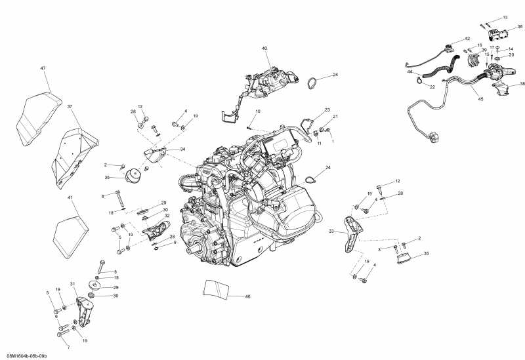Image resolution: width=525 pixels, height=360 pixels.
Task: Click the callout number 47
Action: pos(43,68)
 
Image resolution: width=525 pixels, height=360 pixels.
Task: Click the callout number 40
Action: pos(265,49)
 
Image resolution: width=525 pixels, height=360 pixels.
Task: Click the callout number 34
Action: pos(182,150)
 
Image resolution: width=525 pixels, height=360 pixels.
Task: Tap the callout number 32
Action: pos(167,216)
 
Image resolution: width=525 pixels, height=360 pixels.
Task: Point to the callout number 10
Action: pos(258,111)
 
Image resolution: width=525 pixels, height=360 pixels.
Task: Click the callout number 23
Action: pos(327,110)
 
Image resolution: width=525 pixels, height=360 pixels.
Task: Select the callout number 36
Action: pos(520,28)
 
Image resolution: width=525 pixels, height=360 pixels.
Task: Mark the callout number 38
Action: pos(522,84)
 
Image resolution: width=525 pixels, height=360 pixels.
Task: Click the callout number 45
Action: pos(480,100)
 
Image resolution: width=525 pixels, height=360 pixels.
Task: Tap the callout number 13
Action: pos(505,17)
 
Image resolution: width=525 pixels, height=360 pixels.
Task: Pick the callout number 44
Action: pos(410,72)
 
